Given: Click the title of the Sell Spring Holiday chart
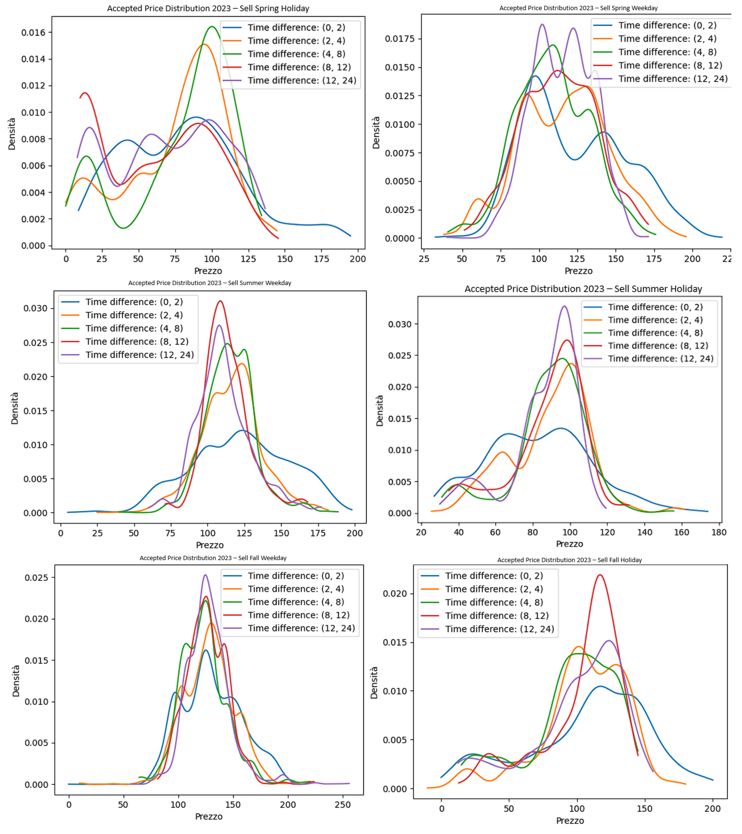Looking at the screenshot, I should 208,8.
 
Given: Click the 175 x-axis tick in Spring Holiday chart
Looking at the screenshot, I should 321,259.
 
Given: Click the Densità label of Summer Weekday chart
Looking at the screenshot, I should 15,408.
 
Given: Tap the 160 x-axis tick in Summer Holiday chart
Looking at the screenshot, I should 681,533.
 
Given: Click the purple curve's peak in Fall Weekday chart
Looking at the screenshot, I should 205,575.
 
